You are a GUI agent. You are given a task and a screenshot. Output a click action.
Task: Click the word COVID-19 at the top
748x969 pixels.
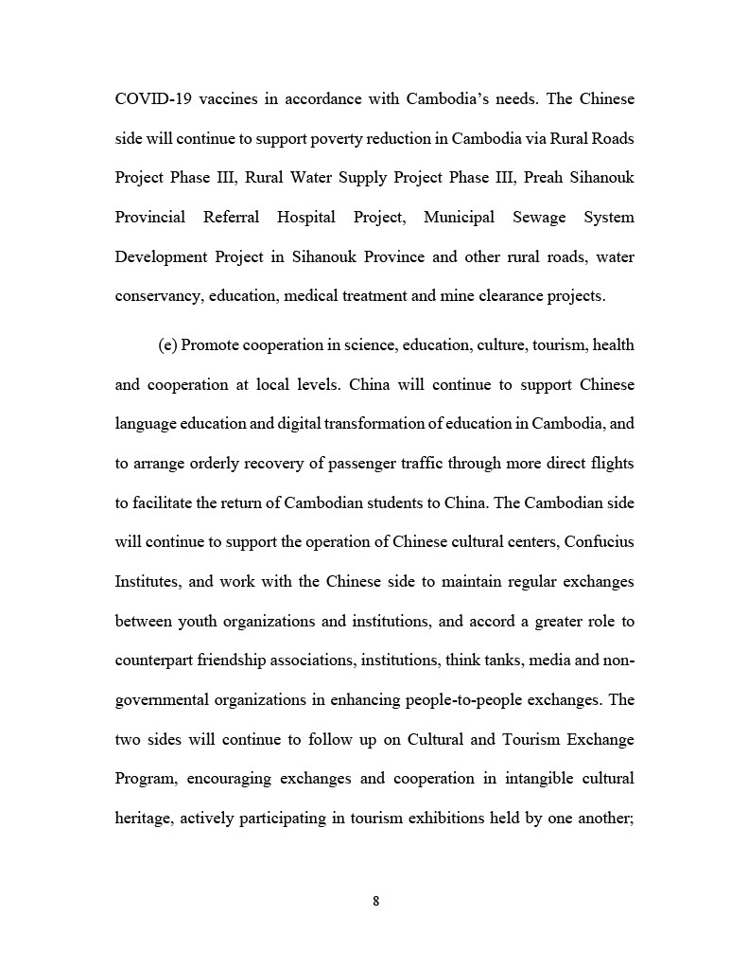(149, 99)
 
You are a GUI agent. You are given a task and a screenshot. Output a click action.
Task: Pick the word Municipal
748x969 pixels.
(459, 218)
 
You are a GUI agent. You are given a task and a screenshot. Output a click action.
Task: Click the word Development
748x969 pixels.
(161, 257)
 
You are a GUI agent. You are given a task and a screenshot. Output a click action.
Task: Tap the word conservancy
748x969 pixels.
(158, 296)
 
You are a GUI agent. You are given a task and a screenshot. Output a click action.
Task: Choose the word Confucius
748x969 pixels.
(598, 542)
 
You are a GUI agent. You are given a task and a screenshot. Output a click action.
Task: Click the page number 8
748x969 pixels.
(375, 902)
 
